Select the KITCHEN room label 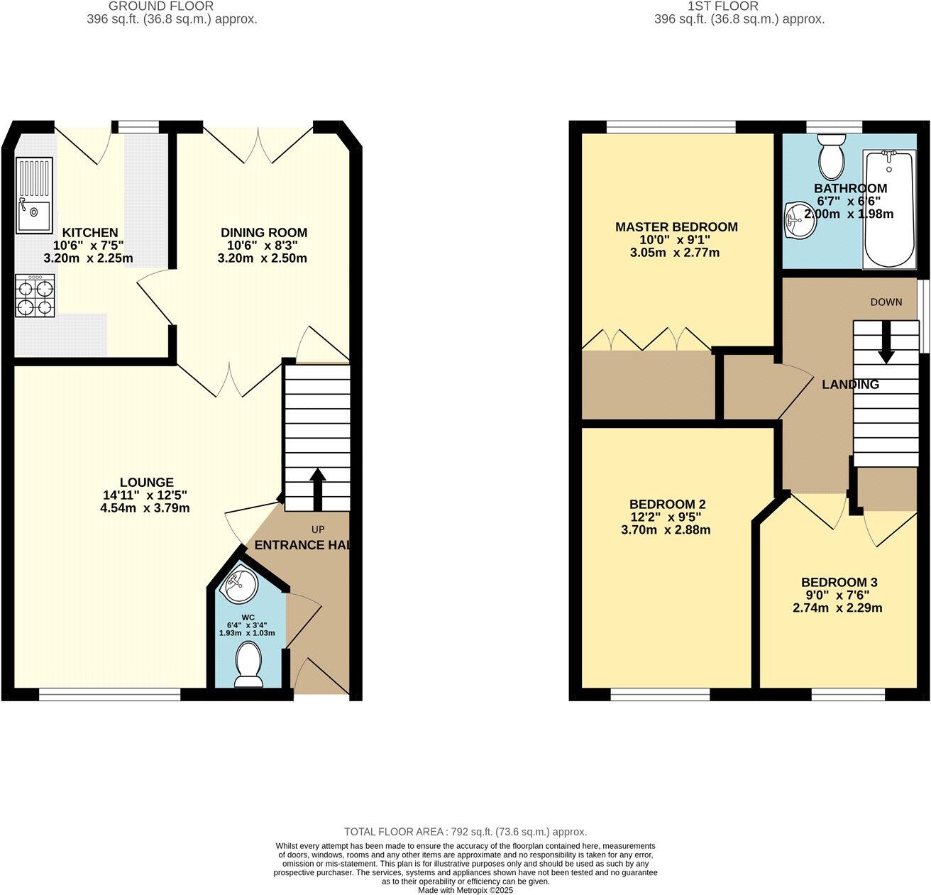tap(90, 233)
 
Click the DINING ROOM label tap(263, 233)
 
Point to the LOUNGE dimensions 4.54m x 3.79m tap(145, 508)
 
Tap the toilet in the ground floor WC tap(248, 664)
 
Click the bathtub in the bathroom tap(888, 209)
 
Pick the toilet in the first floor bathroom tap(830, 158)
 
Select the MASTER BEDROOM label tap(676, 227)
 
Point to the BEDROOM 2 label tap(667, 504)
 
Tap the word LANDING tap(850, 385)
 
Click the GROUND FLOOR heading tap(171, 6)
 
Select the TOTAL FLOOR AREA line tap(465, 832)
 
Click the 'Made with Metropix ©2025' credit tap(465, 890)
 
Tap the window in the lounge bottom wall tap(110, 695)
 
